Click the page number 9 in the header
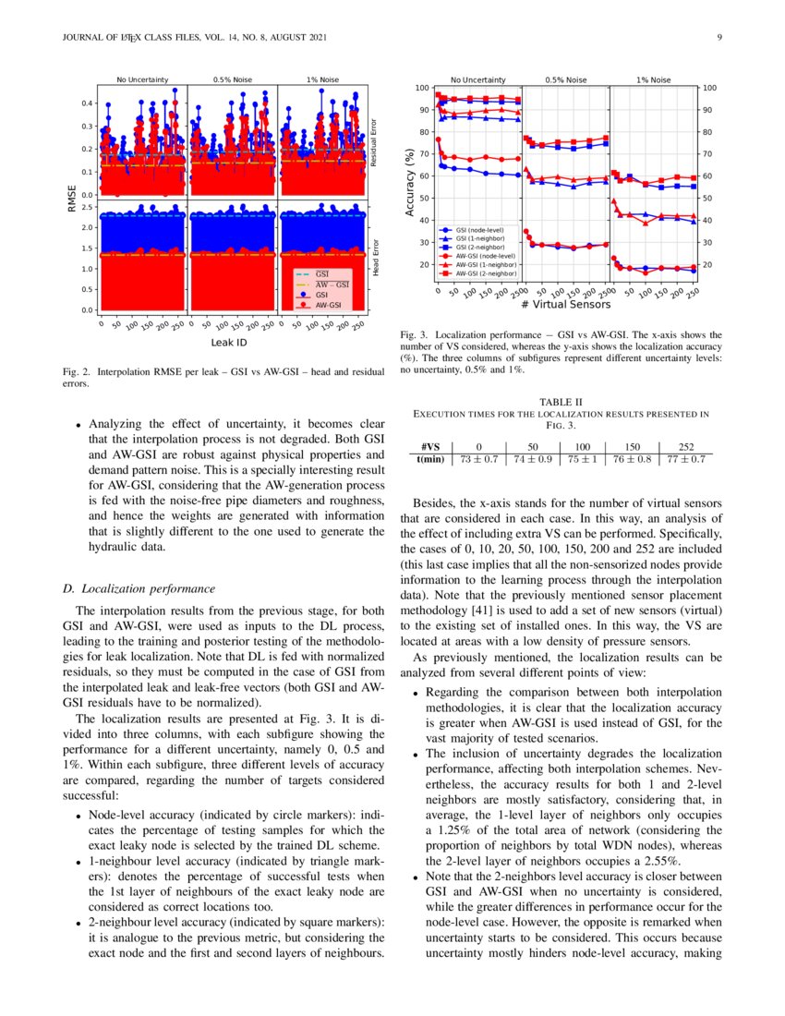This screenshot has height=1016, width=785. [x=718, y=37]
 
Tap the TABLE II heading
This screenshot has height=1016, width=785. [x=561, y=402]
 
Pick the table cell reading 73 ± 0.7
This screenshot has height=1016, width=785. [x=478, y=458]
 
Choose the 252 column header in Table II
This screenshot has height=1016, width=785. [x=685, y=445]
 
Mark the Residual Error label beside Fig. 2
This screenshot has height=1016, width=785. [x=374, y=141]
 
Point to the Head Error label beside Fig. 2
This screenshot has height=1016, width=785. [x=374, y=258]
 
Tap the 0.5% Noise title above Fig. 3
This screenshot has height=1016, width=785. [x=566, y=80]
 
